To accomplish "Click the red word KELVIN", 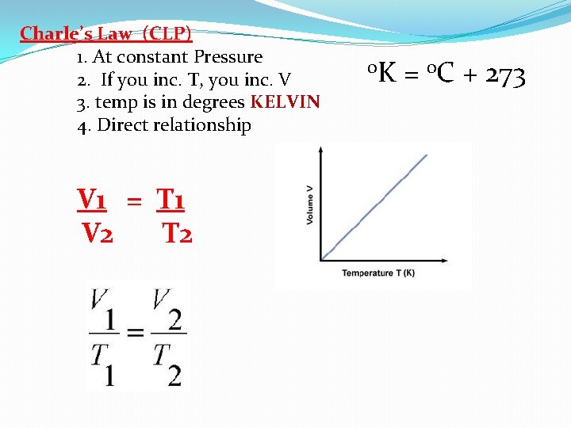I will pyautogui.click(x=285, y=102).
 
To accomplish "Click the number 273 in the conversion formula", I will pyautogui.click(x=505, y=76).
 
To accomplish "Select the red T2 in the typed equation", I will pyautogui.click(x=176, y=233).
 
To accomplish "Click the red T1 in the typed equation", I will pyautogui.click(x=171, y=200).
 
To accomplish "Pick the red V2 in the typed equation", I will pyautogui.click(x=98, y=233).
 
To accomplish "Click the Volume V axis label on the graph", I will pyautogui.click(x=308, y=203).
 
